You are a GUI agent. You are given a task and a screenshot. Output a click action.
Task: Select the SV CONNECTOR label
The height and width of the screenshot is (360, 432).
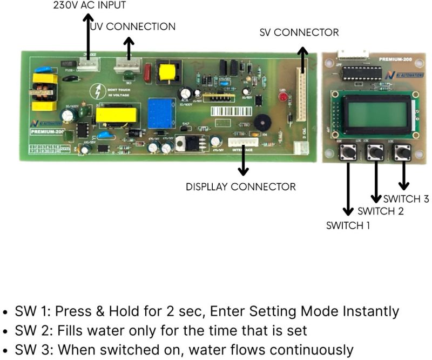coord(299,32)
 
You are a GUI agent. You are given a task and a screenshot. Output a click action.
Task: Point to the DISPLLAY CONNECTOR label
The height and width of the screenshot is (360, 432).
coord(241,187)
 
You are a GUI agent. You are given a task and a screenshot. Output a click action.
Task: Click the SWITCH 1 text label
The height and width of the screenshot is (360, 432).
coord(348,225)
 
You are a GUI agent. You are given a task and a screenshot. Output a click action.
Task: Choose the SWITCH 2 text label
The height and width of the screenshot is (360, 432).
coord(380,211)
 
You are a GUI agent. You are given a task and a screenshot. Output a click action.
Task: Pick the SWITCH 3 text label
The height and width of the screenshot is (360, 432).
coord(406,198)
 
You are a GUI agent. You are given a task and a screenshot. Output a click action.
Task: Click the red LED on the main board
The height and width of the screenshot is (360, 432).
coord(282,98)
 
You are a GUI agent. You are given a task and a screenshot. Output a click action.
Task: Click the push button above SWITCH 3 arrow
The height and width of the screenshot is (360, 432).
coord(402,153)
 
